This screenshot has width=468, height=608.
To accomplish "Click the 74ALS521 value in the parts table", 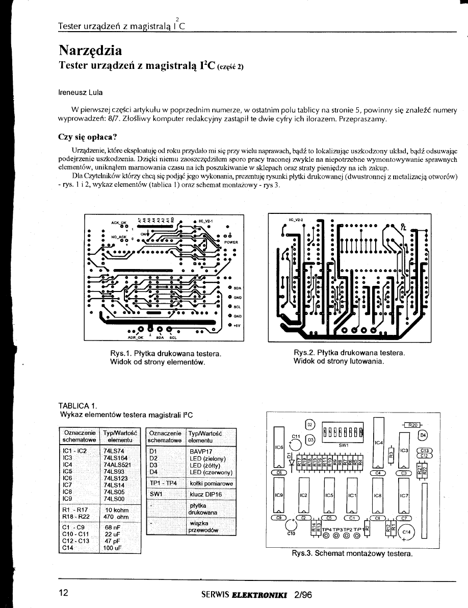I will coord(117,465).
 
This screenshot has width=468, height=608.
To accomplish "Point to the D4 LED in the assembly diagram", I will coord(423,435).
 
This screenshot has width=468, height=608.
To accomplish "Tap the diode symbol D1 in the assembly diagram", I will coord(290,458).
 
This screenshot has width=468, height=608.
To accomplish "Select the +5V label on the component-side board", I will coord(236,324).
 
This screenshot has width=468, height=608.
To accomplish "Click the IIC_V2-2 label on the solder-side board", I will coord(296,221).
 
